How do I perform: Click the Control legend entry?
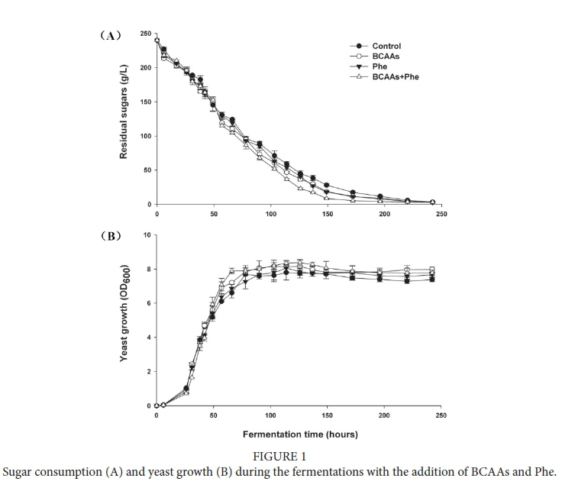point(386,47)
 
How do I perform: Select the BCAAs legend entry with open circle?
point(386,57)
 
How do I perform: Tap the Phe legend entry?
point(380,66)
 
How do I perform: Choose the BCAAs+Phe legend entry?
point(395,76)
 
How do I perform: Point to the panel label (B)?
point(111,236)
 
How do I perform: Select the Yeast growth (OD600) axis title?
point(123,314)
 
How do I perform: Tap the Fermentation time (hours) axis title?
point(300,435)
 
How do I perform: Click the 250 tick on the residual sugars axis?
point(145,34)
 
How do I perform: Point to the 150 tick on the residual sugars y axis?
point(145,102)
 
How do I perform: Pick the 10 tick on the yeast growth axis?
point(147,235)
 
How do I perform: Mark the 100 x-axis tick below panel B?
point(270,415)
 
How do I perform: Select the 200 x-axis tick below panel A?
point(384,215)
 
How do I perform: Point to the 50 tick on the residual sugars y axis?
point(147,170)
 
